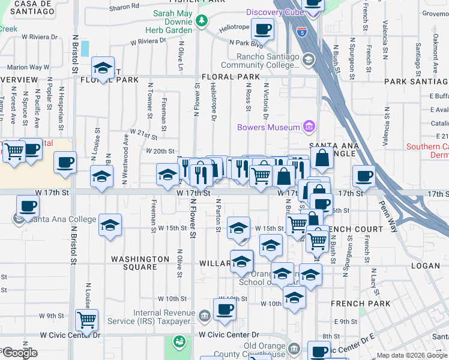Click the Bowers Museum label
point(268,127)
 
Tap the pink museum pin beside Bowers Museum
point(309,127)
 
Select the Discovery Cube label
point(273,13)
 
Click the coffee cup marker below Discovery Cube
point(262,29)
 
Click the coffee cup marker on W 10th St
point(224,310)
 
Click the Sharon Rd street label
point(124,7)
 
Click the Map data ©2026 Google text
point(412,355)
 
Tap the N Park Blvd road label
point(246,43)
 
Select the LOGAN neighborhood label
point(426,265)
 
